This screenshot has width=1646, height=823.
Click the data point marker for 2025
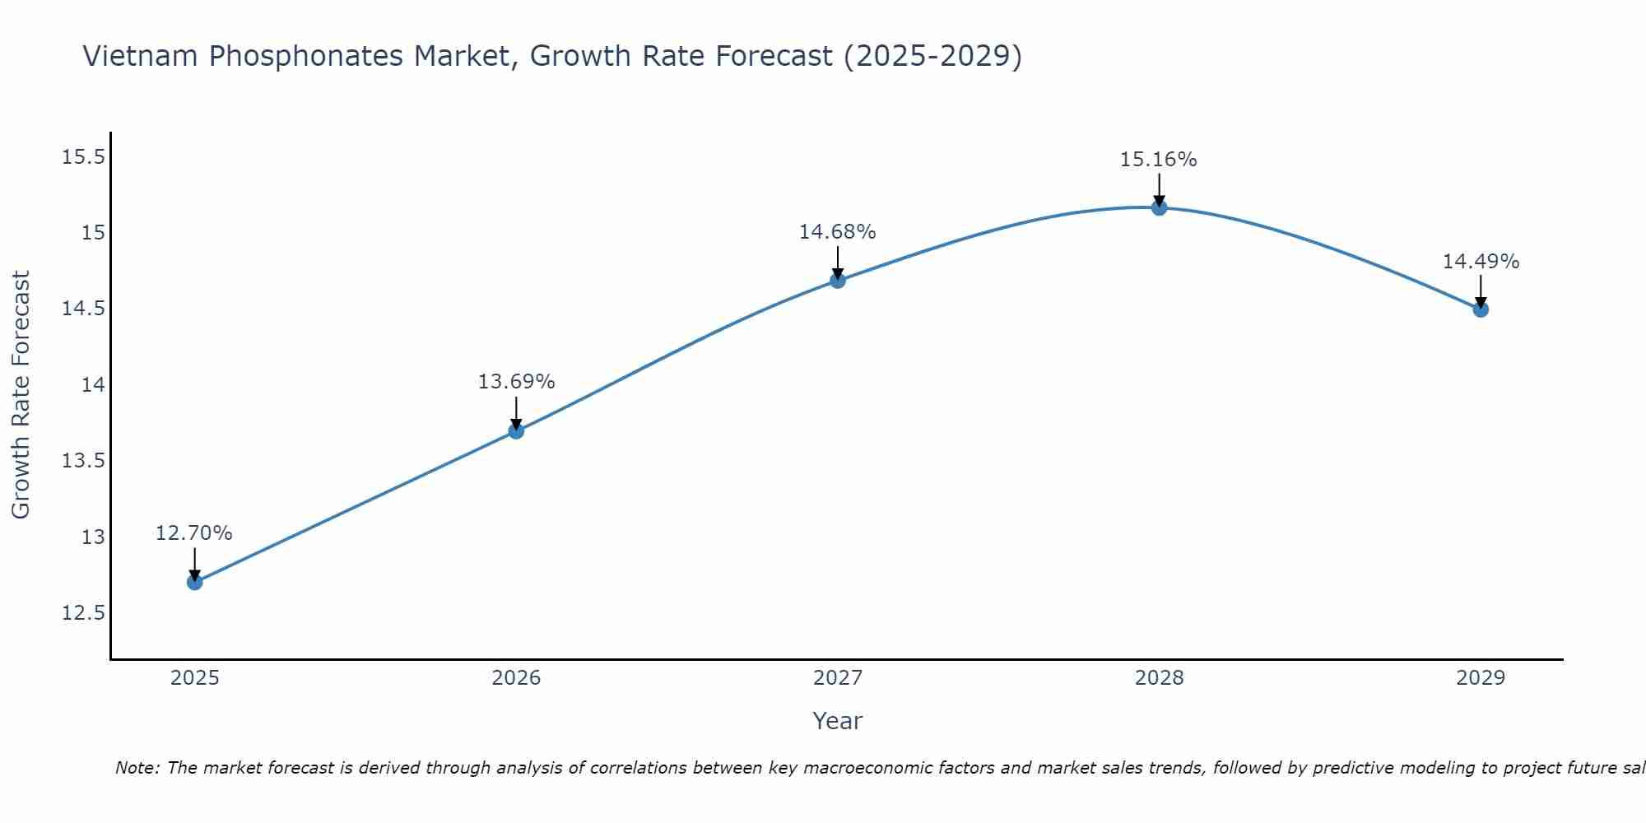click(194, 582)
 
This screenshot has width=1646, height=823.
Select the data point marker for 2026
click(516, 430)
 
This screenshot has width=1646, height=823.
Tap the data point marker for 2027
click(838, 280)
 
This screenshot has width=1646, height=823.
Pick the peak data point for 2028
click(1159, 207)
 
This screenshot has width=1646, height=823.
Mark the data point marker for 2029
click(1481, 309)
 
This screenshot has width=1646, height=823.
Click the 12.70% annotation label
click(194, 532)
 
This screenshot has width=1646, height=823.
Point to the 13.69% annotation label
click(516, 381)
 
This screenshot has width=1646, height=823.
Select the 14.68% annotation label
click(838, 231)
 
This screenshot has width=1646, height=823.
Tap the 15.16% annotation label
click(1159, 159)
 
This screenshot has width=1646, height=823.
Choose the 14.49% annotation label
click(1481, 261)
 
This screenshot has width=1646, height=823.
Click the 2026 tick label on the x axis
click(516, 678)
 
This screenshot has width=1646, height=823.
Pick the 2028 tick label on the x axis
click(1159, 678)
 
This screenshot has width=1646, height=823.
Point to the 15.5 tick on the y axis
click(84, 156)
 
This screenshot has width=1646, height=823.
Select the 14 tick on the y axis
click(93, 384)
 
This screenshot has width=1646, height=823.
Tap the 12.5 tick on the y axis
click(84, 613)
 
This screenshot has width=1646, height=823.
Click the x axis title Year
click(837, 721)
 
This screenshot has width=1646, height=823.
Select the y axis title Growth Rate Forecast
click(21, 395)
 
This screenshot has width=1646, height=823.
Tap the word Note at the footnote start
click(137, 768)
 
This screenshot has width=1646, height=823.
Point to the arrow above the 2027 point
click(838, 262)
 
